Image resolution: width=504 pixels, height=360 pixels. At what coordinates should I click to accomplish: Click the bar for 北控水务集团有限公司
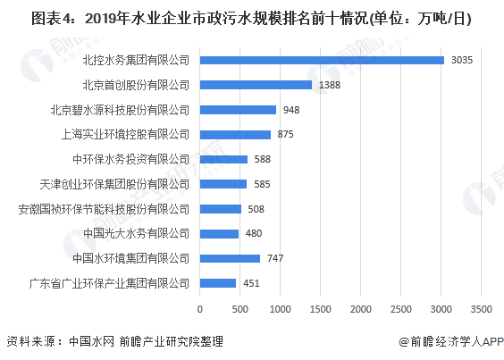pos(322,60)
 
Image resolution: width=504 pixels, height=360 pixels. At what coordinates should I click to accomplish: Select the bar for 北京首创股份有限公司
pos(256,85)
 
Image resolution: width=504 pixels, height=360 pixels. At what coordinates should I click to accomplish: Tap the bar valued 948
pos(238,110)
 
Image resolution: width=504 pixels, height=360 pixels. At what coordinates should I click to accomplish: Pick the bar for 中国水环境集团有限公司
pos(230,258)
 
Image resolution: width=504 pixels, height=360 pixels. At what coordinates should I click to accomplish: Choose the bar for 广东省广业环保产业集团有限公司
pos(218,283)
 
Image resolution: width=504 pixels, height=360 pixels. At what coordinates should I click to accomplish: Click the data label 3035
pos(462,60)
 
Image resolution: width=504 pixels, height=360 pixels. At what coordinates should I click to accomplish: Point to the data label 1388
pos(329,85)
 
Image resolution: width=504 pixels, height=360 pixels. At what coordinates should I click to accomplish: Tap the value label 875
pos(286,134)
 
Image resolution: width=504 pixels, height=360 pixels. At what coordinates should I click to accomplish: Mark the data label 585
pos(263,184)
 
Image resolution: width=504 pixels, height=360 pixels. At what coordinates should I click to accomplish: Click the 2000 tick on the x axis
pos(361,309)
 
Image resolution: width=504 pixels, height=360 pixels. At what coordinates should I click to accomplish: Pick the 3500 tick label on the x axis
pos(482,309)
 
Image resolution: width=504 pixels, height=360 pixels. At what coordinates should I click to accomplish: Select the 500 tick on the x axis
pos(240,309)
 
